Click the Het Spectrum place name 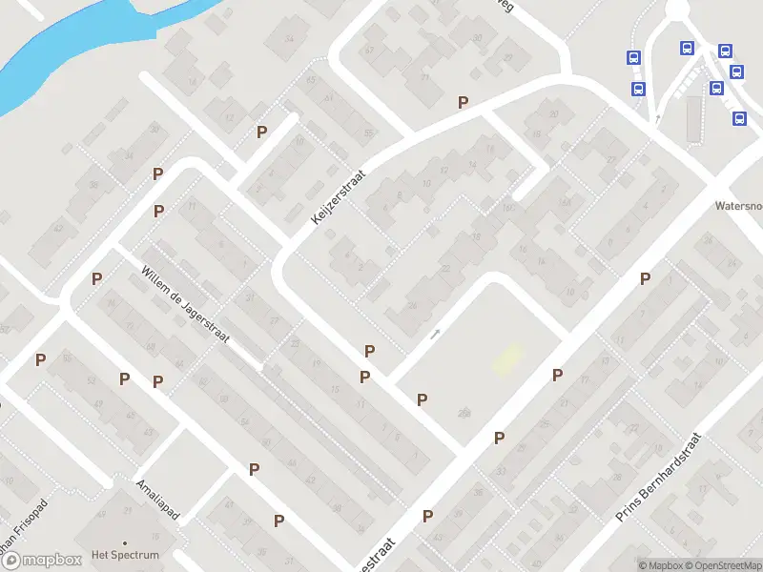125,554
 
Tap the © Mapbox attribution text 660,565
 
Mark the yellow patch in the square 507,359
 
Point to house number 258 464,412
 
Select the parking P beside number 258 422,399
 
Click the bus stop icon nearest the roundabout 687,48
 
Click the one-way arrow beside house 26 436,334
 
